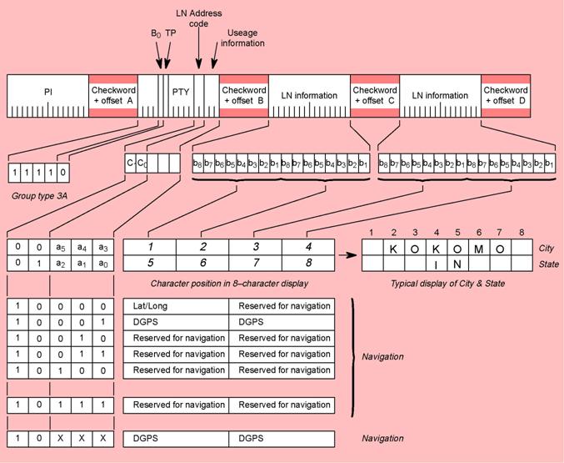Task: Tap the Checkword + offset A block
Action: (112, 95)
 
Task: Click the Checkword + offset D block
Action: (506, 95)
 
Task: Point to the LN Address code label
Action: (197, 18)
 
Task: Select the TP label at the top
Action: (170, 34)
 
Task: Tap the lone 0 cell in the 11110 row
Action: (62, 174)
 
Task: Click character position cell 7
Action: (255, 263)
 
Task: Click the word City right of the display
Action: (547, 248)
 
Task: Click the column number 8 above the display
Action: (521, 232)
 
